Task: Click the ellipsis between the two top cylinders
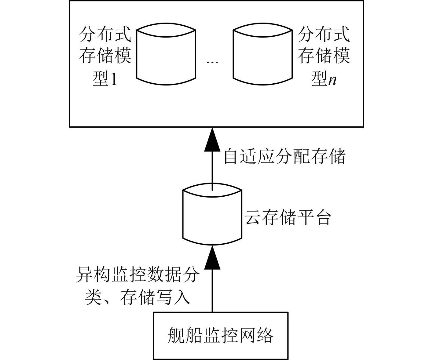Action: [x=212, y=62]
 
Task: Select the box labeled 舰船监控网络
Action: [x=221, y=335]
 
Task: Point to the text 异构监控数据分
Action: [x=138, y=276]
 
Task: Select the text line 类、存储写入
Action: [x=138, y=297]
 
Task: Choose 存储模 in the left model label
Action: [x=105, y=56]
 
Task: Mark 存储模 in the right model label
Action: [x=324, y=56]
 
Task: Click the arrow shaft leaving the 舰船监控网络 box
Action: [x=212, y=293]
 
